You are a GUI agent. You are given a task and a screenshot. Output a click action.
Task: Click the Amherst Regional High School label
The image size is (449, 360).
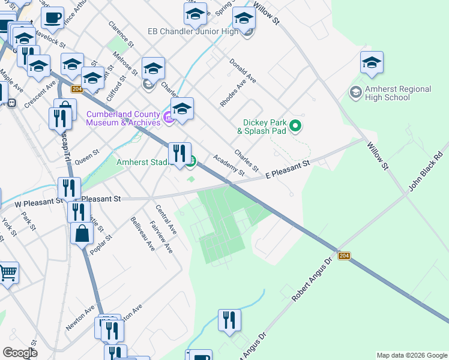click(x=398, y=93)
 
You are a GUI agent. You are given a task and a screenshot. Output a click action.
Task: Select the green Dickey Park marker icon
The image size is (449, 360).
click(x=295, y=126)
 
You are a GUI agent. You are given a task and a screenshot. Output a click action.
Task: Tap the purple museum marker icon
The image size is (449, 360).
click(x=169, y=118)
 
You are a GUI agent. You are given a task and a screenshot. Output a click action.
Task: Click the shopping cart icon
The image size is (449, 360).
click(x=8, y=272)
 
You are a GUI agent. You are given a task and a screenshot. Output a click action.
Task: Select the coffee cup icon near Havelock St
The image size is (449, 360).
click(x=52, y=18)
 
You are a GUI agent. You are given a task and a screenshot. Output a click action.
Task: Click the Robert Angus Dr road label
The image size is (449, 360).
click(x=311, y=280)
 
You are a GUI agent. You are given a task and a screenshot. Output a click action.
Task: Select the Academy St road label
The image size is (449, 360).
click(x=229, y=165)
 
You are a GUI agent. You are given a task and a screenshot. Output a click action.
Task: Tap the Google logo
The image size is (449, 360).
click(x=20, y=353)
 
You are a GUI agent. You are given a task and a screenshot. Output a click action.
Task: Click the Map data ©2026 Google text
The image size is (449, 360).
click(x=412, y=355)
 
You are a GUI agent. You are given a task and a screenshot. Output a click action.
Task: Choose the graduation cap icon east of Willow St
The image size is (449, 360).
click(x=372, y=62)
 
